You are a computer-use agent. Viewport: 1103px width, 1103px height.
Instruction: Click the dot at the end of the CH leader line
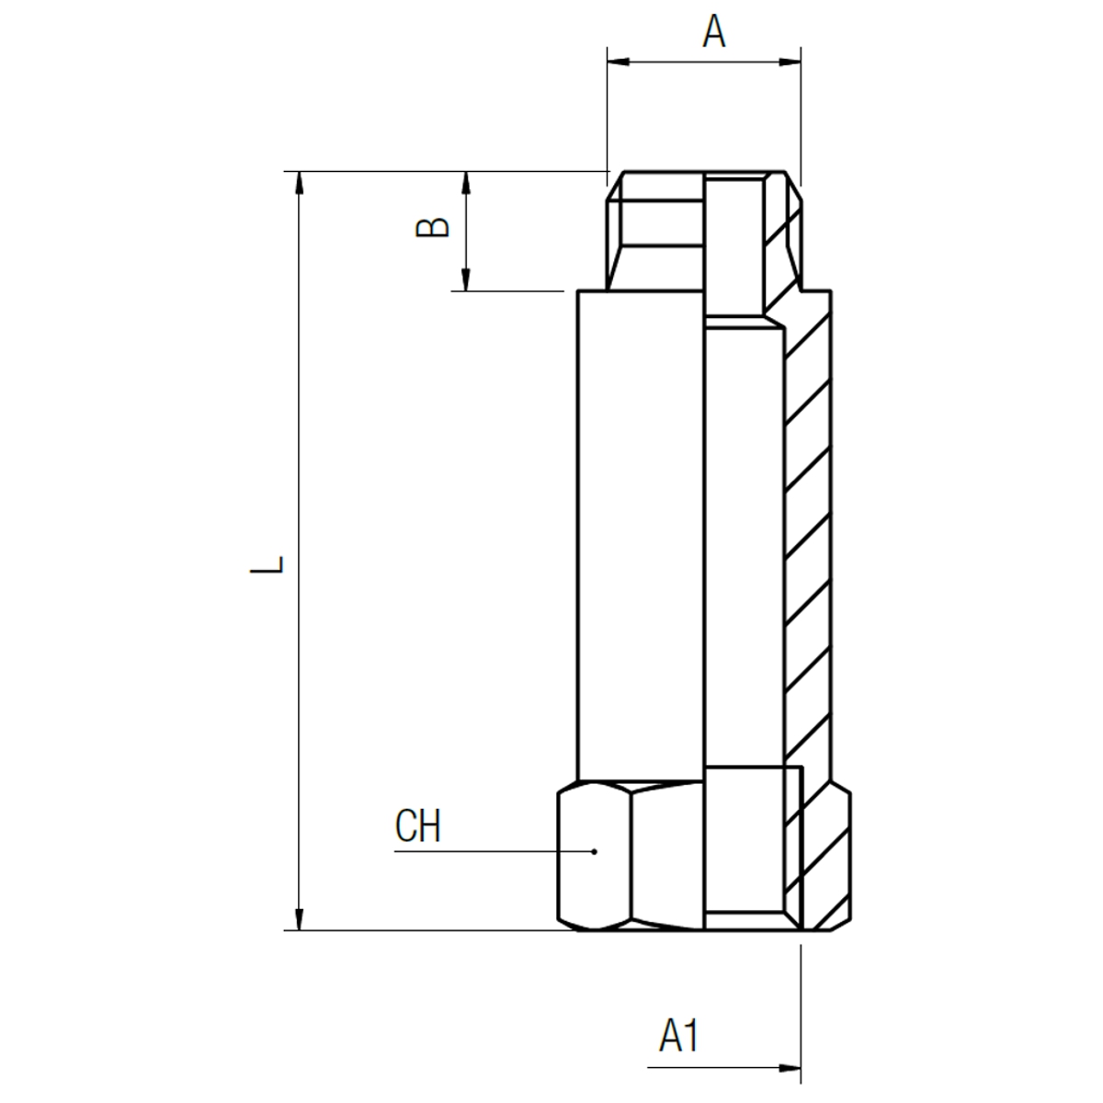pyautogui.click(x=594, y=852)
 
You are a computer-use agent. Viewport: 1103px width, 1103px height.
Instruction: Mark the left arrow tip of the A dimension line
pyautogui.click(x=608, y=62)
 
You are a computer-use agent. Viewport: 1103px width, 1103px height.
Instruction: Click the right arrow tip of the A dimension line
pyautogui.click(x=801, y=62)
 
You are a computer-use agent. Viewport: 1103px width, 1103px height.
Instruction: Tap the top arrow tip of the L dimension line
pyautogui.click(x=298, y=172)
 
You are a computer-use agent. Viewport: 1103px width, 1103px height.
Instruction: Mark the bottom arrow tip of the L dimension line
pyautogui.click(x=298, y=930)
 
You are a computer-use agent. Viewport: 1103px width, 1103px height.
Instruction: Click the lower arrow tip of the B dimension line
pyautogui.click(x=466, y=290)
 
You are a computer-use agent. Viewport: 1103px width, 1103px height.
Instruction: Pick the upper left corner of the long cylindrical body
pyautogui.click(x=578, y=291)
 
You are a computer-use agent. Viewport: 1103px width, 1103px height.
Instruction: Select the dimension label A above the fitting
pyautogui.click(x=714, y=31)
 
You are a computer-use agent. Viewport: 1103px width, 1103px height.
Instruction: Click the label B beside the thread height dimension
pyautogui.click(x=432, y=227)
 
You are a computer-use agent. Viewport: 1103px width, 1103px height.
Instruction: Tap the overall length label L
pyautogui.click(x=267, y=564)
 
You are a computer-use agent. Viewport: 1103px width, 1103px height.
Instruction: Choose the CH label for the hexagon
pyautogui.click(x=418, y=825)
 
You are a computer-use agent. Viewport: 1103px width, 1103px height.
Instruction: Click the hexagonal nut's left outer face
pyautogui.click(x=596, y=857)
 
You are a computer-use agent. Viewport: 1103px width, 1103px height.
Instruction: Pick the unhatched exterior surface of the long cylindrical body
pyautogui.click(x=641, y=536)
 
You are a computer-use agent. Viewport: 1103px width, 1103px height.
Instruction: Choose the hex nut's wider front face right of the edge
pyautogui.click(x=667, y=857)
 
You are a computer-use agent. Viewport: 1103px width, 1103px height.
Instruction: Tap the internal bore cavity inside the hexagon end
pyautogui.click(x=745, y=847)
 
